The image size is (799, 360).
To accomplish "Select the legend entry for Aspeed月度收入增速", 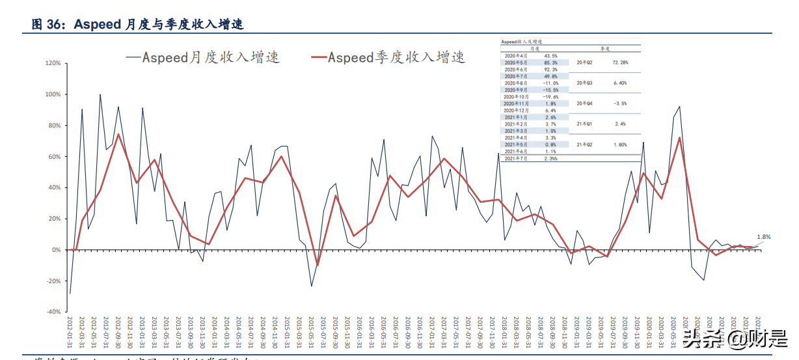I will pos(202,57).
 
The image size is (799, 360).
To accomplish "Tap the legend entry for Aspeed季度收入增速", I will pos(388,57).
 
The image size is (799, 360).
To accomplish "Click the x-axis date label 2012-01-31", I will pos(70,332).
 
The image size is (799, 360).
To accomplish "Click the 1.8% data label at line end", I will pos(763,238).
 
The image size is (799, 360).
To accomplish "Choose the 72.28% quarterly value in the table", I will pos(619,62).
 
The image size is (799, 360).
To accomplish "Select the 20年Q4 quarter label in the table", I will pos(585,103).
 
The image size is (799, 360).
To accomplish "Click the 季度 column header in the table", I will pos(605,48).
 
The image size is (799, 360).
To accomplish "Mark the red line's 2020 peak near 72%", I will pos(679,138).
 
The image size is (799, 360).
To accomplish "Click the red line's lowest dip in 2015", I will pos(318,265).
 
